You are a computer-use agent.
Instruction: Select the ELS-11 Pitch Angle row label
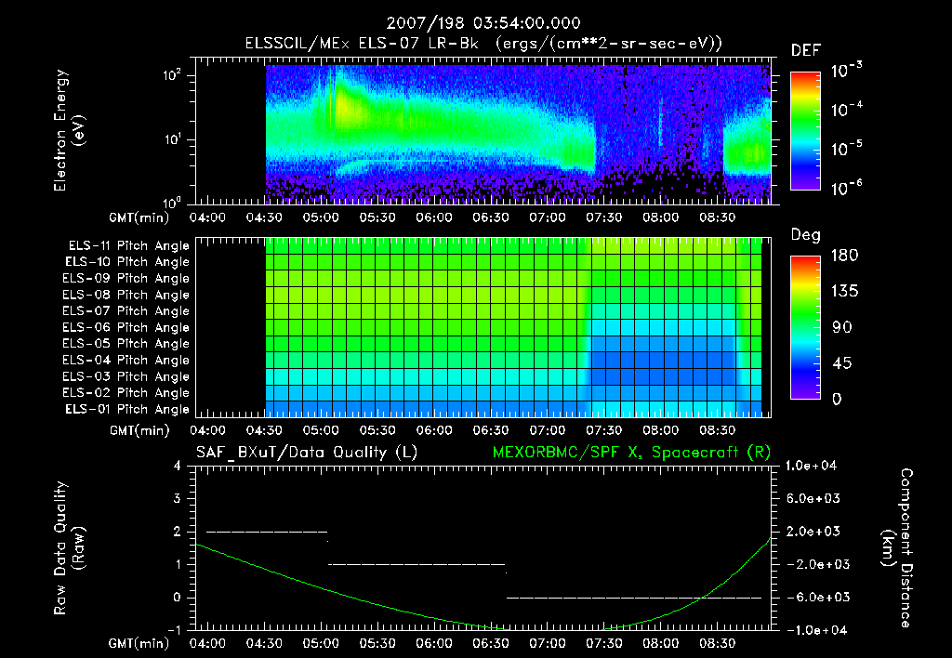(x=126, y=245)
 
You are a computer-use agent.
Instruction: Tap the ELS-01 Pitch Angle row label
(x=126, y=409)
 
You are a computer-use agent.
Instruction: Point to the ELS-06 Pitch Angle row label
(x=126, y=327)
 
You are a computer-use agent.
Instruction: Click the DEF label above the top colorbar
(x=805, y=50)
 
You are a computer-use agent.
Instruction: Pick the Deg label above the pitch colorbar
(x=805, y=235)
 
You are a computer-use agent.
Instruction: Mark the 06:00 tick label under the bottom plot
(x=435, y=643)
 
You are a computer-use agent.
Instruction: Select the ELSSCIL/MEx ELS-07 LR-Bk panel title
(x=483, y=43)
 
